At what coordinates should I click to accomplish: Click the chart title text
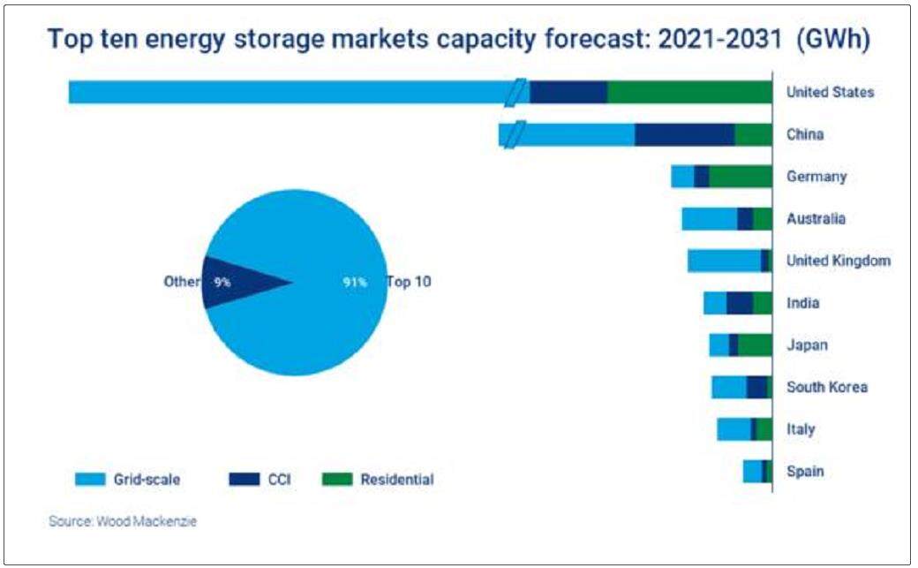point(459,41)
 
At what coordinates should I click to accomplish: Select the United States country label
point(830,92)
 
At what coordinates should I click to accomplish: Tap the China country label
point(804,134)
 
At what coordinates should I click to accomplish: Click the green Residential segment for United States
point(689,92)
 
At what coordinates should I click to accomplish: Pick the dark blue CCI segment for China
point(684,134)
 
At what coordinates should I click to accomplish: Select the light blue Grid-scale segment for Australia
point(709,218)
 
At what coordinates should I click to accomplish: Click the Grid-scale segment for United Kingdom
point(724,261)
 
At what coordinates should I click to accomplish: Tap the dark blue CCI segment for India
point(740,303)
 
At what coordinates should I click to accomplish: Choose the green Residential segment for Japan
point(755,345)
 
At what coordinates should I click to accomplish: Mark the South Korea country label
point(826,387)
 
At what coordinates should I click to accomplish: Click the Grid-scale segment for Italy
point(734,429)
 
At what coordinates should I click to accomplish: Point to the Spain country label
point(805,471)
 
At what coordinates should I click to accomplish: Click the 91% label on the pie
point(355,284)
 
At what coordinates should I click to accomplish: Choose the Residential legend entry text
point(396,480)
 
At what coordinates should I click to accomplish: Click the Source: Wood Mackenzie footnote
point(123,521)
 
